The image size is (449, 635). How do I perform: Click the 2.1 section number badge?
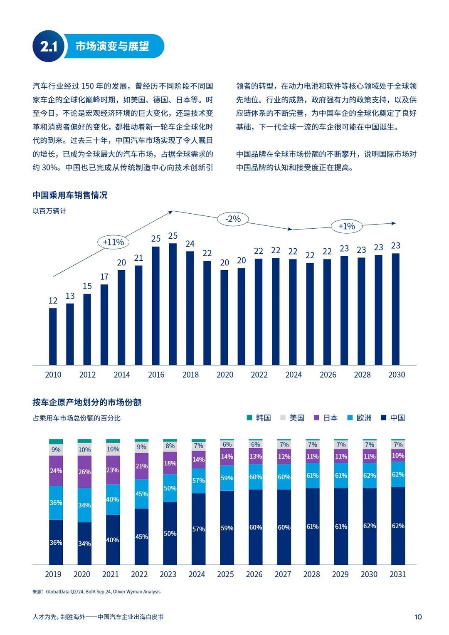[48, 46]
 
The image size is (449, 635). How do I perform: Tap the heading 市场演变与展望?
[112, 46]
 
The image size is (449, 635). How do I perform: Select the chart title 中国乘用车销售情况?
[70, 195]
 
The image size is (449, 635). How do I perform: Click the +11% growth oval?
[113, 242]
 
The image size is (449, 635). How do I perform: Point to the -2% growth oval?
[233, 219]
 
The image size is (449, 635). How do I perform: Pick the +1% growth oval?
[346, 226]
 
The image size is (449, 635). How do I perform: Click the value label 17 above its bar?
[104, 277]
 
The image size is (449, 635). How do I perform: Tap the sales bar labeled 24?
[190, 308]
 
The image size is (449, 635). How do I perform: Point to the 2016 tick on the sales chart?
[156, 375]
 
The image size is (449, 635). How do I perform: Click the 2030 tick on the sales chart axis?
[396, 375]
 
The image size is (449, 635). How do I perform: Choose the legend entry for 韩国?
[259, 418]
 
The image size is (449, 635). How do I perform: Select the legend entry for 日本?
[326, 418]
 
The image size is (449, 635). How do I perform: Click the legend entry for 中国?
[393, 418]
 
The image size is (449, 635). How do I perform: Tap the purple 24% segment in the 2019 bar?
[56, 471]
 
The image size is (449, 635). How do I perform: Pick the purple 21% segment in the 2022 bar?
[141, 466]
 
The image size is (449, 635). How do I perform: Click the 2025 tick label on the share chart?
[225, 574]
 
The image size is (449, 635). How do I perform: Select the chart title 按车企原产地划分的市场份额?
[87, 402]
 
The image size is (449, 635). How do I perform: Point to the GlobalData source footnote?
[96, 592]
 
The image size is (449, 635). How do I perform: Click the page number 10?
[418, 617]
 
